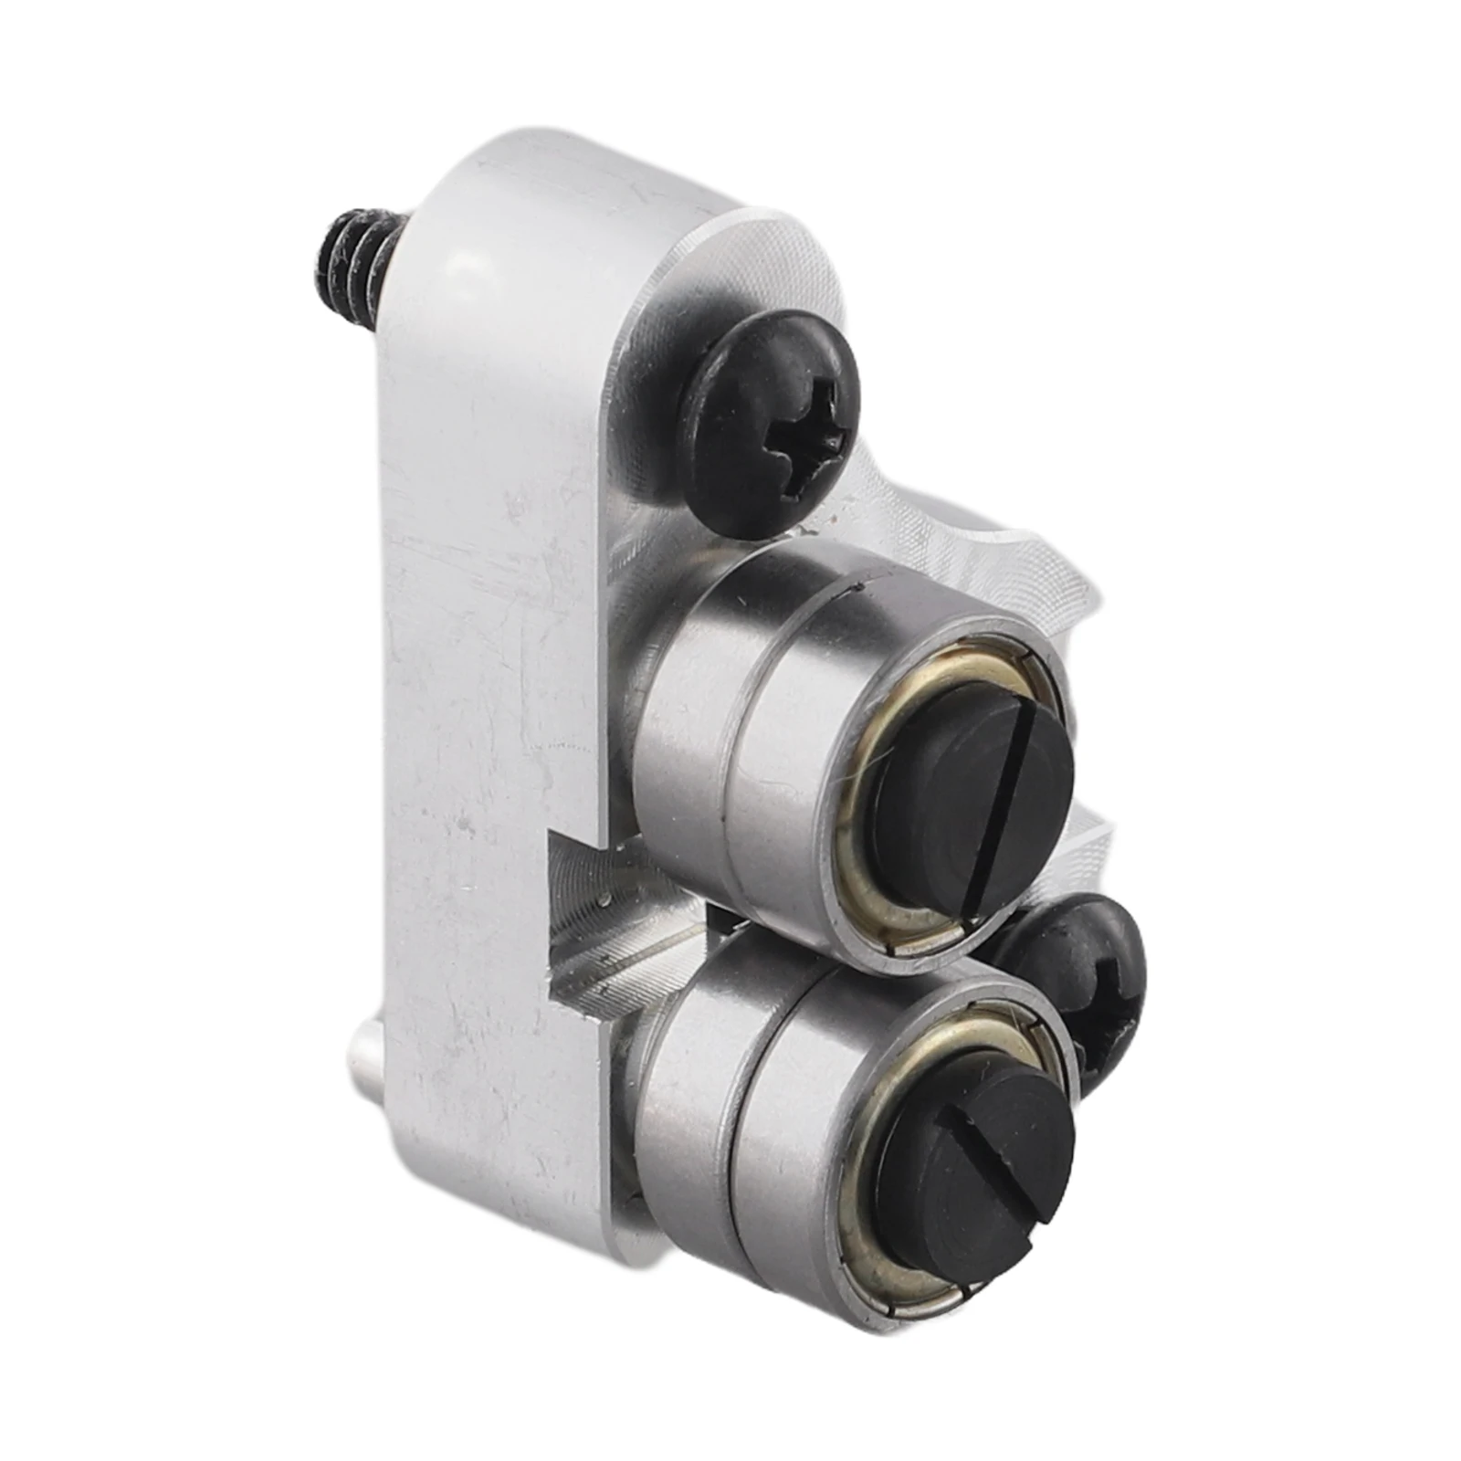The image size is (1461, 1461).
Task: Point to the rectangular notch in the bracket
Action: [584, 913]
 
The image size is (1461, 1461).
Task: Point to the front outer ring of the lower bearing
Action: [804, 1141]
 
